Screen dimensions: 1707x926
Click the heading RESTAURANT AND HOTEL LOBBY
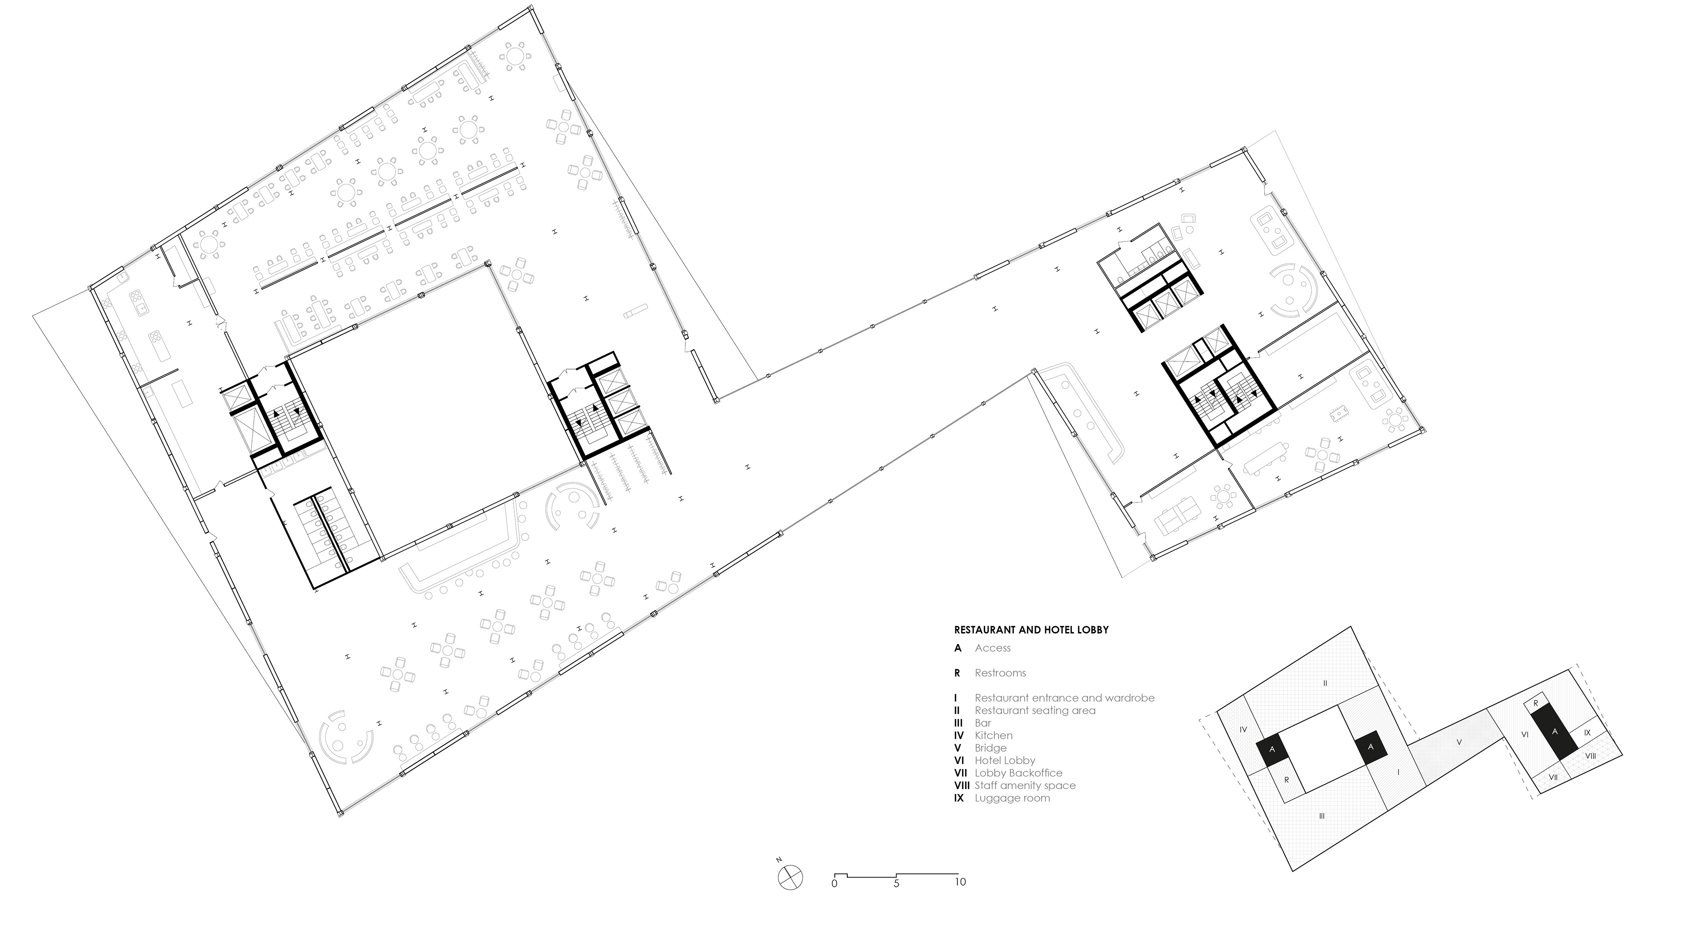1031,630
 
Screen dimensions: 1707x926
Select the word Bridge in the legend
991,748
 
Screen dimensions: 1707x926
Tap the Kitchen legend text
994,735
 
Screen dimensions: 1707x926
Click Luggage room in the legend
1012,798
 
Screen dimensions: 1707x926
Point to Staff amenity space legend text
1025,785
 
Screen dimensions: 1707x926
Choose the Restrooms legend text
1000,673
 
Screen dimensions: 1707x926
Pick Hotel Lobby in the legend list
1005,760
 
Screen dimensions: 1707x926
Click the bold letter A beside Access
958,648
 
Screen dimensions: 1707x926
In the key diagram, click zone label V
1459,742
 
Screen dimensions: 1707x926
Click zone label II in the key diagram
1325,683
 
